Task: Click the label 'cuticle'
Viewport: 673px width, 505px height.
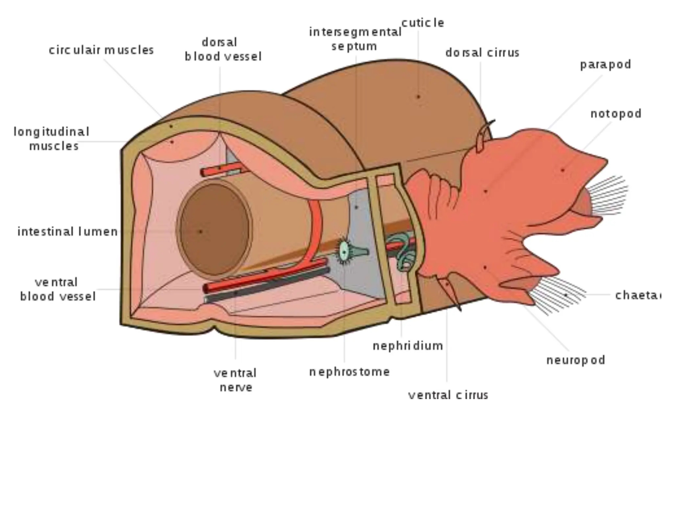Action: (423, 23)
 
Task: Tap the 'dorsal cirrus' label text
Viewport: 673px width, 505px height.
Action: (482, 53)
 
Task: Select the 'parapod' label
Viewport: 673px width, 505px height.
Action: (605, 64)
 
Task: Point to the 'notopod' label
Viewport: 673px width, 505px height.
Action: (616, 114)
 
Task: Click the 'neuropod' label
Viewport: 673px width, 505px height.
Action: (575, 360)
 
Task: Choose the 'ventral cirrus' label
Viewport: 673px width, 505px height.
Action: (448, 395)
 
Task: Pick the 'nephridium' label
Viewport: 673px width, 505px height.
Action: (408, 346)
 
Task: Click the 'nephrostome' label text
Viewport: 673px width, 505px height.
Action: (349, 372)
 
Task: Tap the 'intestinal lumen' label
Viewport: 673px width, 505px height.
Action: (67, 232)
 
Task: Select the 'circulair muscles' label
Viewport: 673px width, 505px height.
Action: (101, 50)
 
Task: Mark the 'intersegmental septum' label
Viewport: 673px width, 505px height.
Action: (355, 39)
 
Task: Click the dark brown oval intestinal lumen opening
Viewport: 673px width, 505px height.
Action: (214, 229)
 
